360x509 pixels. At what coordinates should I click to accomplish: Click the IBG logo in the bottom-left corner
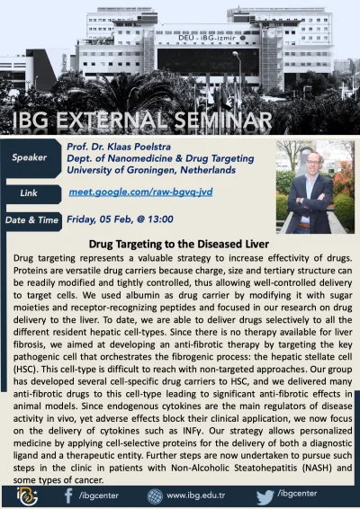[x=21, y=494]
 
